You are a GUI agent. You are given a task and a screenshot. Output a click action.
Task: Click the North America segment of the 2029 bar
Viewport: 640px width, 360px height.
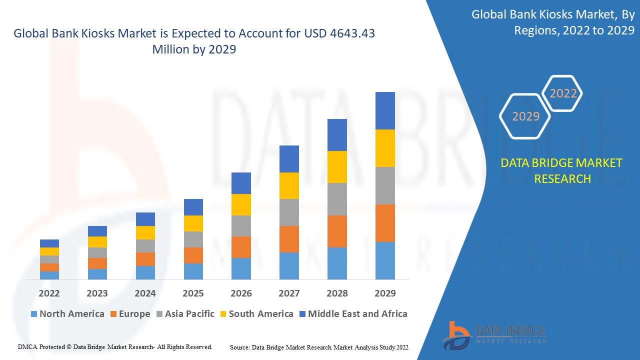pos(385,260)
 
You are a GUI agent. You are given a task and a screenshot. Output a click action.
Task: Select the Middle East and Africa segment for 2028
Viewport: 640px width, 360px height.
pos(337,135)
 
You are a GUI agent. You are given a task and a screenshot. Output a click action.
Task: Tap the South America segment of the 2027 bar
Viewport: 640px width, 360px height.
pos(289,185)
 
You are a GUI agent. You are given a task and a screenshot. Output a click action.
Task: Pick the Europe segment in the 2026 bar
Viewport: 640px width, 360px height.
pos(241,247)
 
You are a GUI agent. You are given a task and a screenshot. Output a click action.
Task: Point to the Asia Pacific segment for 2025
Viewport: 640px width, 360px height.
pos(193,239)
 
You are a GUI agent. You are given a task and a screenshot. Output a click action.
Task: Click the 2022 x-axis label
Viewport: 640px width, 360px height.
pos(49,293)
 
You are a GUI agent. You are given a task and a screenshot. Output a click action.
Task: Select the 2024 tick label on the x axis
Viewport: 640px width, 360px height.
pos(145,293)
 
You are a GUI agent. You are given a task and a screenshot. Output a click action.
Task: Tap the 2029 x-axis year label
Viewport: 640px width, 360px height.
pos(385,293)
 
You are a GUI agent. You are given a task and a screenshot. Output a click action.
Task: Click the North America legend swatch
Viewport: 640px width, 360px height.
pos(34,314)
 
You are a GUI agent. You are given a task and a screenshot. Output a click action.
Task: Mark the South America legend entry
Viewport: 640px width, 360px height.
pos(256,314)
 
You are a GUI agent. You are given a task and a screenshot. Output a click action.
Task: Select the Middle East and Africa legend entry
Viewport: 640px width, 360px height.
pos(352,314)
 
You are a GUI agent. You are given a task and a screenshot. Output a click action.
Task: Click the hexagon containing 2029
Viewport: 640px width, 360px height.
pos(525,116)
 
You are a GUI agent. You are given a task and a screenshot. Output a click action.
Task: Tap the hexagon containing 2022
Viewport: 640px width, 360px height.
pos(563,93)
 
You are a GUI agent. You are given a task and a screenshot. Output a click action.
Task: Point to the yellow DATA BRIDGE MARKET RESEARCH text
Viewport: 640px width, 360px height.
pos(562,170)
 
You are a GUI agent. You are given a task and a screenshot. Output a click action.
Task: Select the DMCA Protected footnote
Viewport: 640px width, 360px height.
pos(115,346)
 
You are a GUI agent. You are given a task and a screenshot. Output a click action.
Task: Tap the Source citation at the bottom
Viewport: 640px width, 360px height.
pos(319,347)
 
